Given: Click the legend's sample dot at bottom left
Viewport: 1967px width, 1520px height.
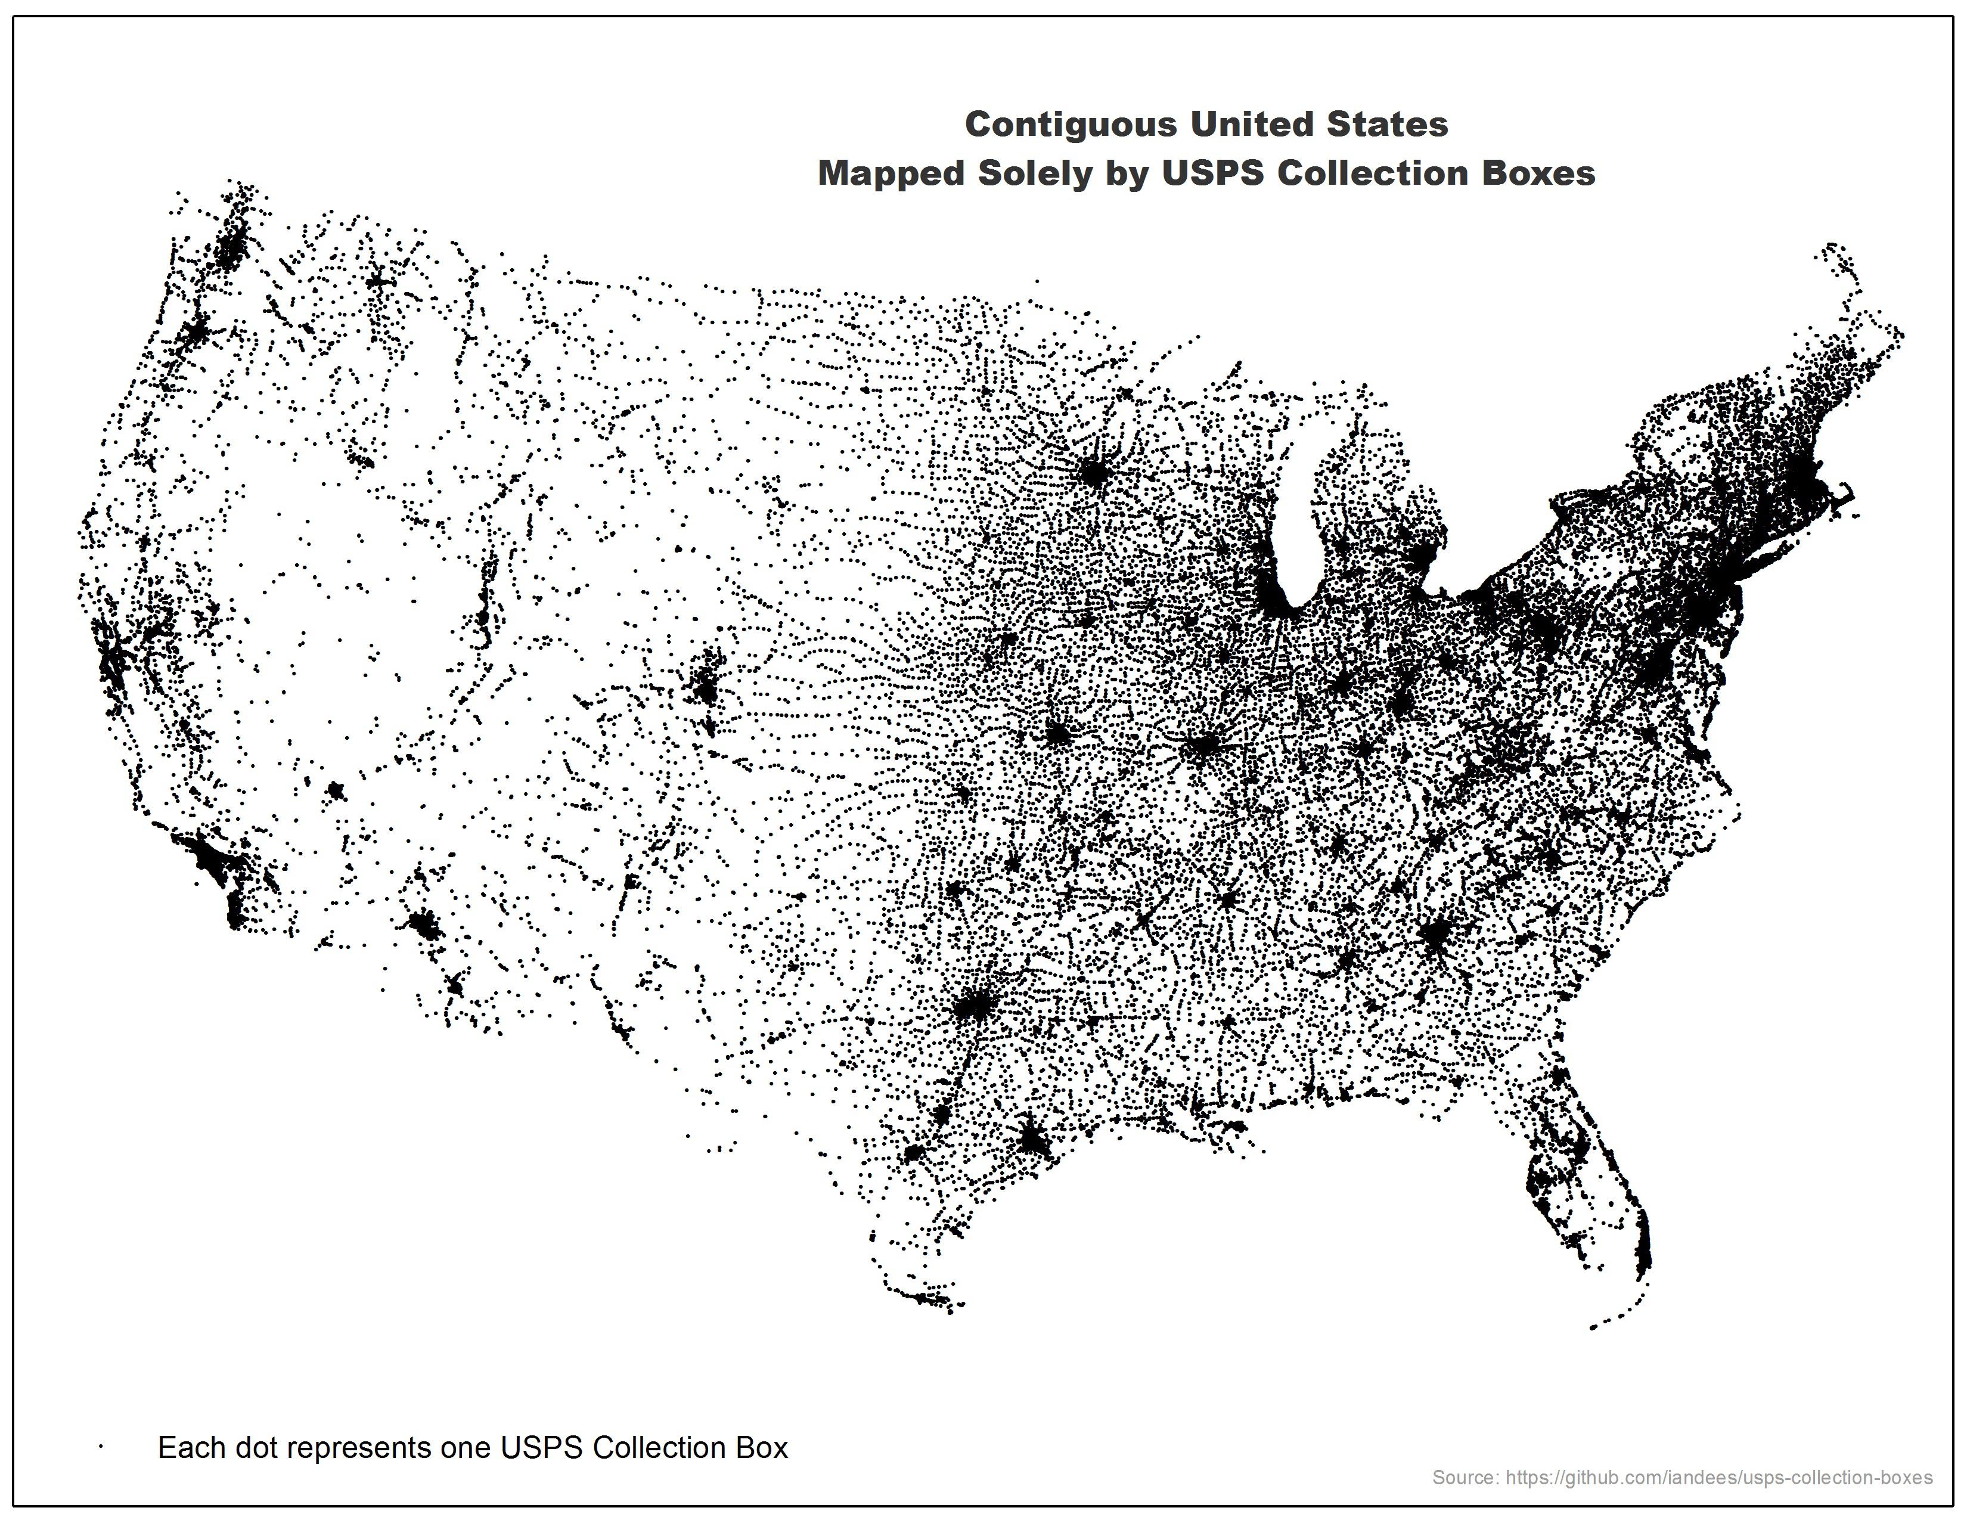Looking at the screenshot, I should (102, 1447).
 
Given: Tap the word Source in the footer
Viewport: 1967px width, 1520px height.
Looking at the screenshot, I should (1465, 1476).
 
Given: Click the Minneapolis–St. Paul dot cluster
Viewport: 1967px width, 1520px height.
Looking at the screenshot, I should (1093, 472).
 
